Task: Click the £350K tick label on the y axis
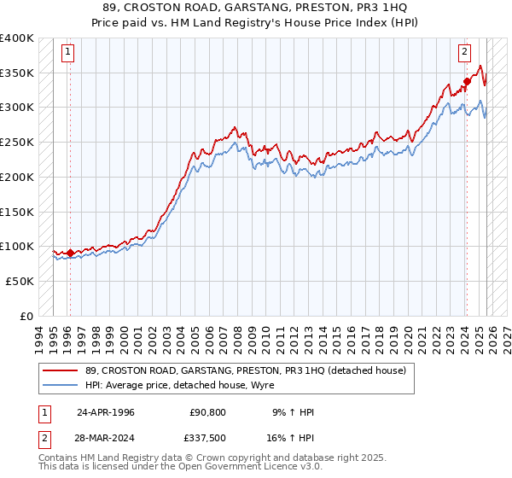(17, 73)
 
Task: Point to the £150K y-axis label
(17, 212)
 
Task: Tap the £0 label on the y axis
(26, 316)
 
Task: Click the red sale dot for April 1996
(70, 253)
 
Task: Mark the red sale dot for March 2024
(467, 82)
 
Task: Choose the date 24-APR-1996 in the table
(106, 412)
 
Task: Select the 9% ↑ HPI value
(293, 412)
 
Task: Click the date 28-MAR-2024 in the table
(106, 438)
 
